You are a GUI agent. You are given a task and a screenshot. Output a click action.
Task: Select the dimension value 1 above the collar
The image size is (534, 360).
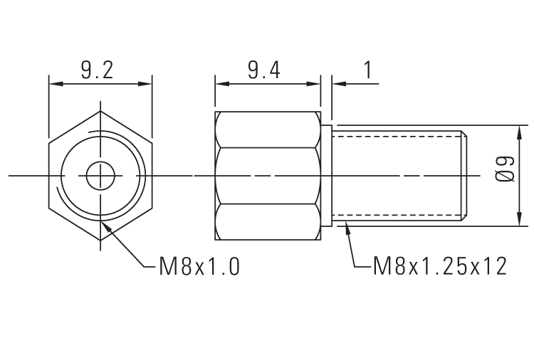tap(368, 70)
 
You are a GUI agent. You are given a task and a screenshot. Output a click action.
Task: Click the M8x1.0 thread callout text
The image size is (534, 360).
tap(199, 267)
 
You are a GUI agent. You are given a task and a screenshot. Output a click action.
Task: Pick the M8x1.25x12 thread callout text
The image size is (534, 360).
tap(440, 267)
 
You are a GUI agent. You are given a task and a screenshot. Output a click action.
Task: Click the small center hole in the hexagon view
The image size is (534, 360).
tap(100, 175)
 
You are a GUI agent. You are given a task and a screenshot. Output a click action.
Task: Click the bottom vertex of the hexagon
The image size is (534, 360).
tap(100, 240)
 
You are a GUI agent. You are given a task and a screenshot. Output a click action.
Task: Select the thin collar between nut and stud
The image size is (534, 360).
tap(328, 176)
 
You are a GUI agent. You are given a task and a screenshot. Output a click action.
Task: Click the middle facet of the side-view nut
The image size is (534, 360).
tap(268, 176)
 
